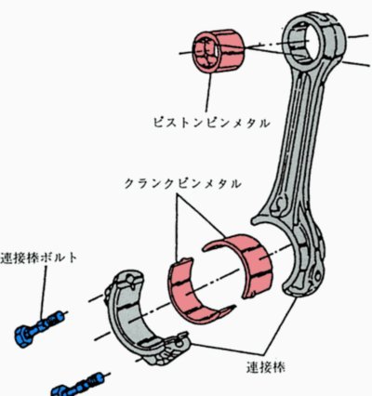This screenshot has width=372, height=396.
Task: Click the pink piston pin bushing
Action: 219,51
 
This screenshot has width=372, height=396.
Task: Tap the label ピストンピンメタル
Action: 211,123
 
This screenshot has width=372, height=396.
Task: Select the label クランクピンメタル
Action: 182,184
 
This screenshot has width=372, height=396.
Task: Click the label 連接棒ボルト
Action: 38,257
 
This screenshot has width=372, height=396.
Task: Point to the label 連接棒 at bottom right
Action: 266,367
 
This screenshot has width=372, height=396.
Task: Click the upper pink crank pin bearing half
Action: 248,263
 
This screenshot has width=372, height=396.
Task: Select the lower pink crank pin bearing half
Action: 193,295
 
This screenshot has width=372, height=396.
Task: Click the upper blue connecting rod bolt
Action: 40,329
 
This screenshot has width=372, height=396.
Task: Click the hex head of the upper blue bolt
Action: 23,337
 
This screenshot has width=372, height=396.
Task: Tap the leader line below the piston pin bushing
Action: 208,92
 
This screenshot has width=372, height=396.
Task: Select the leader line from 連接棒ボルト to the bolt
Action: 44,292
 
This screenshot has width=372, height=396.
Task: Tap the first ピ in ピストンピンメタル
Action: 159,123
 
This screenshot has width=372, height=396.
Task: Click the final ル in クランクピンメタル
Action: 235,184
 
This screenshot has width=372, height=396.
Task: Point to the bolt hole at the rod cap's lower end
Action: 179,342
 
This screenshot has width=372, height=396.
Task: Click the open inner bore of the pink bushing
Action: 206,51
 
